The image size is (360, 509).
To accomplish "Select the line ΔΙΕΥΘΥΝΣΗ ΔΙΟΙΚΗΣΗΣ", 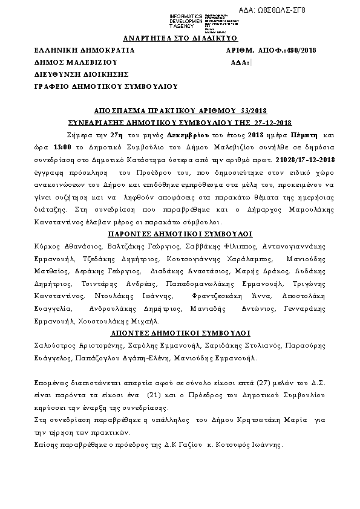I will [x=82, y=74].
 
